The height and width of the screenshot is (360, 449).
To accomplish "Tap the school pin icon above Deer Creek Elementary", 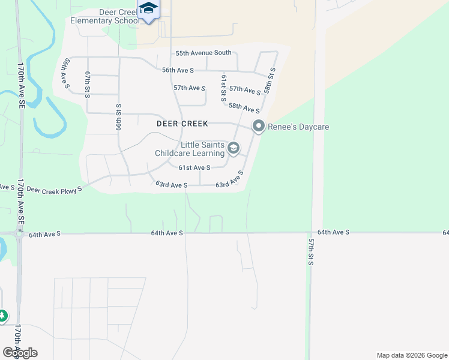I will coord(148,9).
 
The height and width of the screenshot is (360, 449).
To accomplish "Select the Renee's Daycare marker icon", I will coord(259,126).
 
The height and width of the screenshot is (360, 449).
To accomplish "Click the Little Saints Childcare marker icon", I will coord(234,148).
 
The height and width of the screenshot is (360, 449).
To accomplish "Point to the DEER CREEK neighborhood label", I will coord(182,124).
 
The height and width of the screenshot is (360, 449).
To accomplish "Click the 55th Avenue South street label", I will coord(203,53).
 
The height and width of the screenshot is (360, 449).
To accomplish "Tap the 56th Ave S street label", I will coord(178,70).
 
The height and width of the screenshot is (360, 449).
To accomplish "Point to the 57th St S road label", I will coord(312,251).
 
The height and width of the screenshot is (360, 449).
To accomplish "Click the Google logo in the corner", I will coord(20,352).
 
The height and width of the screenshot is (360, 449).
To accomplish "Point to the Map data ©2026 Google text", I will coord(411,355).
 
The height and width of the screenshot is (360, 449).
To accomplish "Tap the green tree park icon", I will coord(2,315).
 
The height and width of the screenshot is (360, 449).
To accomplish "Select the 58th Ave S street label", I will coord(244,108).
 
